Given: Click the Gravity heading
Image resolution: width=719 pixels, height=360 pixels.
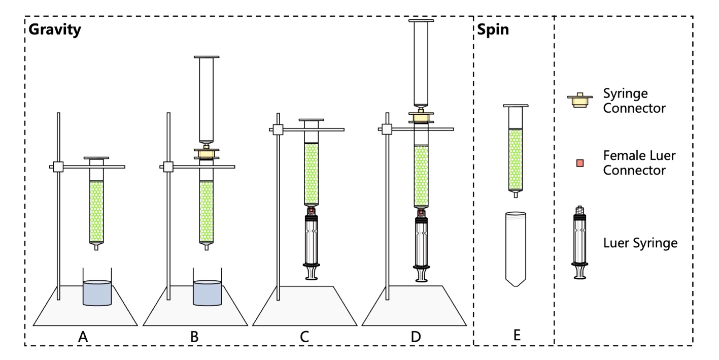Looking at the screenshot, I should pos(55,30).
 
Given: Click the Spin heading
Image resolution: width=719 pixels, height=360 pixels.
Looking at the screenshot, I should pos(493,30).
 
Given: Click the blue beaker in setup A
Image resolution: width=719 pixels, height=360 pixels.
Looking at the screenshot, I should pos(97,293).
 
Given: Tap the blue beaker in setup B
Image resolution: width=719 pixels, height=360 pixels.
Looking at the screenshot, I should pos(207,293).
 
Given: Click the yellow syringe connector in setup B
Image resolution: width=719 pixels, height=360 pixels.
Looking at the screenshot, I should pos(207,153).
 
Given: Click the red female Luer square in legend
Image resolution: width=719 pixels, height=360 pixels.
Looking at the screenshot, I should pos(580,162).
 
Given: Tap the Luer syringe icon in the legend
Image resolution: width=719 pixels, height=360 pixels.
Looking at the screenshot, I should pos(580,242).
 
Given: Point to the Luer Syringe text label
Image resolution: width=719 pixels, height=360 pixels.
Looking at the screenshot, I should pos(640,243).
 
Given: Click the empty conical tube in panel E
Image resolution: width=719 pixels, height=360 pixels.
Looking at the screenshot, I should pos(516,249).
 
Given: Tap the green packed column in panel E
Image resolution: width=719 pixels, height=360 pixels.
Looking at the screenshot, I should pos(516,158).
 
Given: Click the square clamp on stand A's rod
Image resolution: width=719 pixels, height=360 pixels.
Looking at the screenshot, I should pos(58,166).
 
